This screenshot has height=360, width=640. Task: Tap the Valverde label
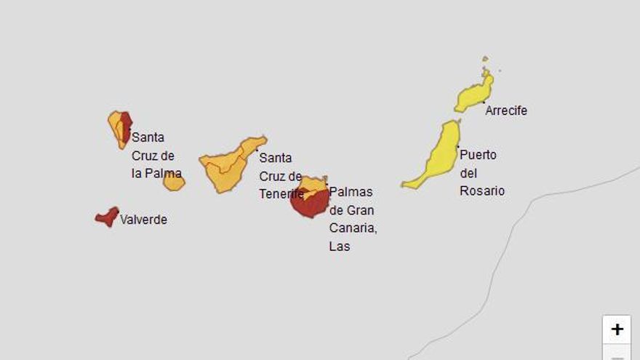pyautogui.click(x=143, y=220)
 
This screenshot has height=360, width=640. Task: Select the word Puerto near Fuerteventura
pyautogui.click(x=478, y=155)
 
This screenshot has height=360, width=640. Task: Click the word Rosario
pyautogui.click(x=482, y=191)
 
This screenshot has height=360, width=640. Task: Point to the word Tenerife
pyautogui.click(x=281, y=194)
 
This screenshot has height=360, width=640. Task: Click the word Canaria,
pyautogui.click(x=353, y=228)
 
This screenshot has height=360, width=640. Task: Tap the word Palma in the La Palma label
pyautogui.click(x=164, y=173)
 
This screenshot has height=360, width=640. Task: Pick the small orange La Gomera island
pyautogui.click(x=174, y=181)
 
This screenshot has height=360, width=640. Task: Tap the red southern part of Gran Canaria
pyautogui.click(x=309, y=205)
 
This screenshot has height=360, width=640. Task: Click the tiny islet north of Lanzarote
pyautogui.click(x=485, y=59)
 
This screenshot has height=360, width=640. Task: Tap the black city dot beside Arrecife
pyautogui.click(x=484, y=103)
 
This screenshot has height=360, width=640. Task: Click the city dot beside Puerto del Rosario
pyautogui.click(x=457, y=148)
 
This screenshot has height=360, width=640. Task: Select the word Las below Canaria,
pyautogui.click(x=340, y=247)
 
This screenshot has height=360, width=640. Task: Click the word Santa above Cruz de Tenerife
pyautogui.click(x=276, y=158)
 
